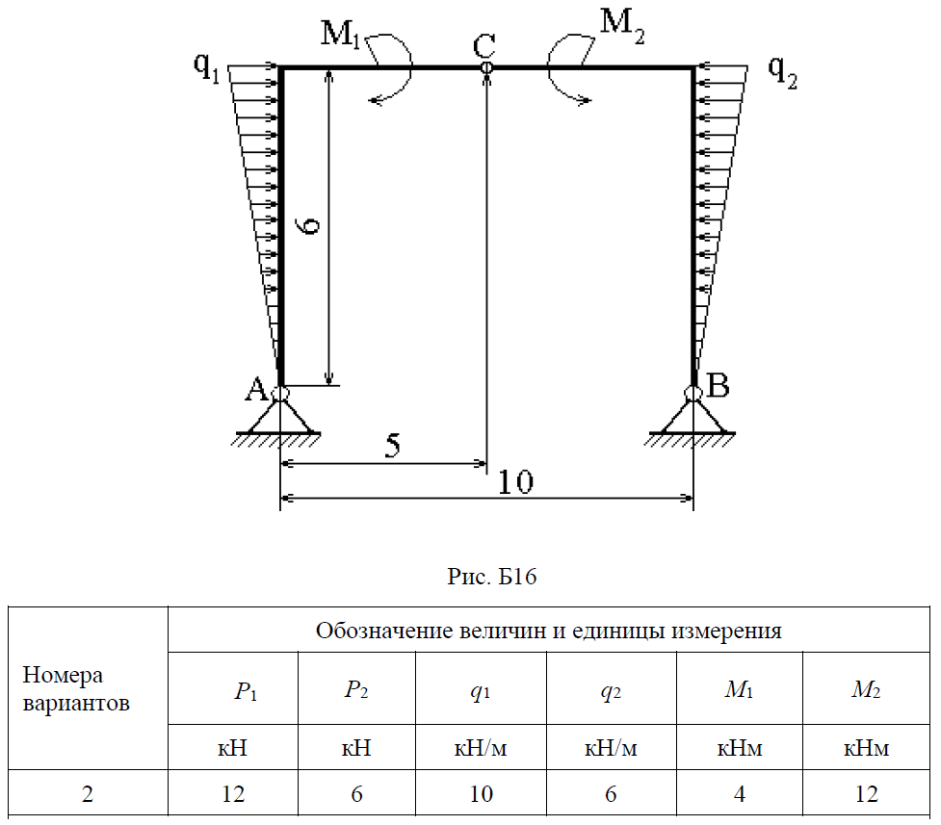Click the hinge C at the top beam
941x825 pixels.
click(x=486, y=67)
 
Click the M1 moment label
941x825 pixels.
click(x=341, y=35)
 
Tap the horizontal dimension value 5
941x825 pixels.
click(x=393, y=446)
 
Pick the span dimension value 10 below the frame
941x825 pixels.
click(x=516, y=481)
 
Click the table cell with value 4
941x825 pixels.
click(x=741, y=794)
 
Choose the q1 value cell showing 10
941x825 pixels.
click(x=481, y=794)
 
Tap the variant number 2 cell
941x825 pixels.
click(x=89, y=794)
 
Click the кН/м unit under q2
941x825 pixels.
click(x=611, y=748)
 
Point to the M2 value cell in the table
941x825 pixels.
click(x=866, y=794)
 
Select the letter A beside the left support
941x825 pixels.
click(x=255, y=390)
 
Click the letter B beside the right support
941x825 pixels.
click(x=719, y=387)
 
